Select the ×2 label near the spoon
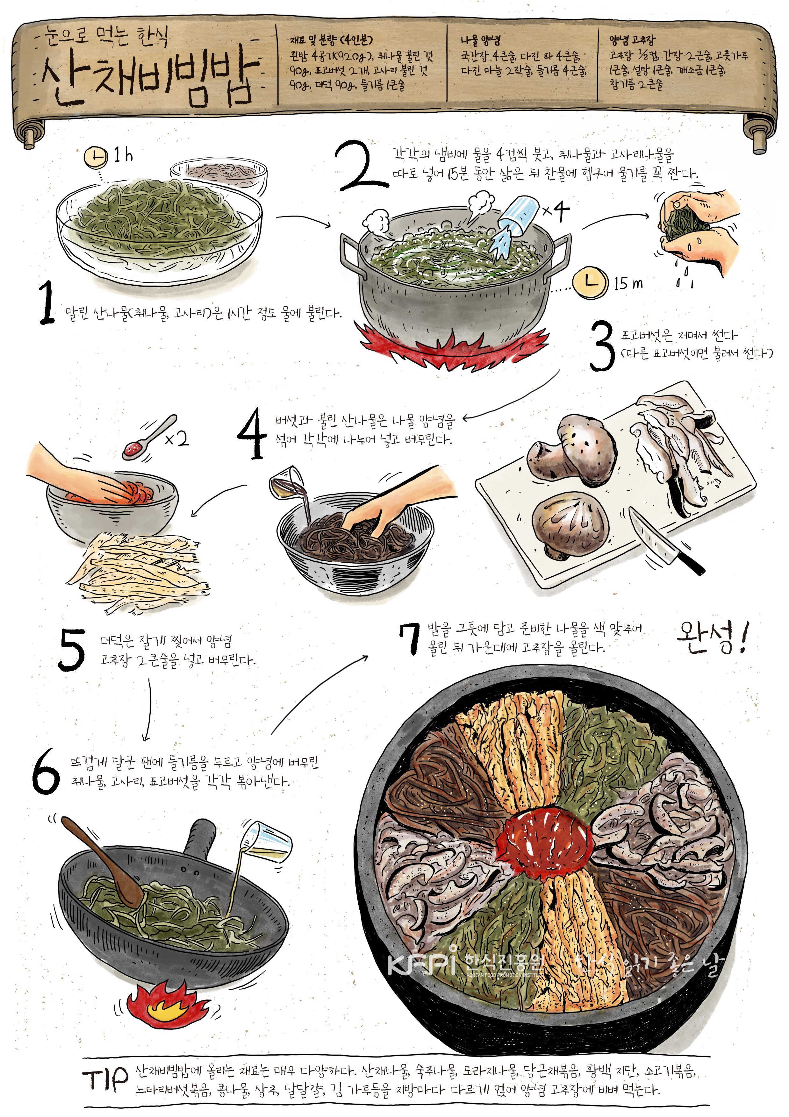176,439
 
